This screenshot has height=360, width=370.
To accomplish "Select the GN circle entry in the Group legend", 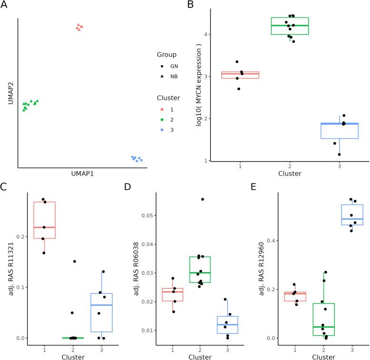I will pyautogui.click(x=162, y=67).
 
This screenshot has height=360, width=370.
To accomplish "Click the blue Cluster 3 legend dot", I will pyautogui.click(x=162, y=129).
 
